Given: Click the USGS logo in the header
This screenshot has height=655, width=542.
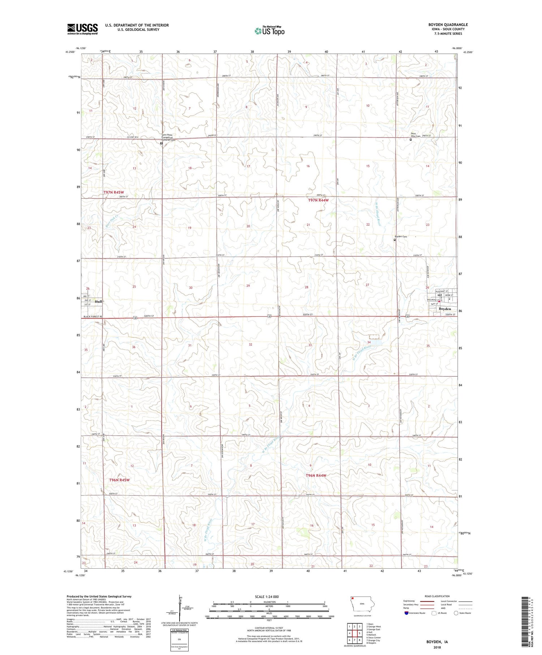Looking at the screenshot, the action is (82, 29).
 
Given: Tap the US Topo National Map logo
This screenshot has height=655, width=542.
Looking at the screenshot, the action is (270, 31).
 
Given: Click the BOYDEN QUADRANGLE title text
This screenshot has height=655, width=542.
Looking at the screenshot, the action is (448, 25).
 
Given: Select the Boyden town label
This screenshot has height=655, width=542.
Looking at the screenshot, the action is (445, 309).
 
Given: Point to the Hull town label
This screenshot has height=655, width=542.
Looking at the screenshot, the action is (98, 301).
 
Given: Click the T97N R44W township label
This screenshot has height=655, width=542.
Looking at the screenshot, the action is (318, 200).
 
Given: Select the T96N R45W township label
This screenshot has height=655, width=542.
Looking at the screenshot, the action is (119, 480).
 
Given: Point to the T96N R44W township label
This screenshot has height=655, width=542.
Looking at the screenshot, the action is (316, 475).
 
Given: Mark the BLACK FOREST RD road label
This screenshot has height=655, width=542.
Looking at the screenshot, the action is (93, 316).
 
